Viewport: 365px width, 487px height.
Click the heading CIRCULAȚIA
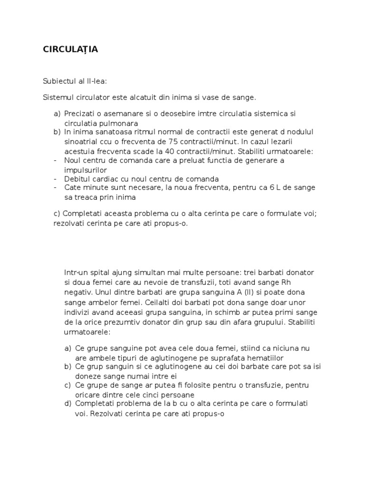coord(70,49)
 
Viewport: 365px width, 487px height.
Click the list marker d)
coord(68,403)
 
